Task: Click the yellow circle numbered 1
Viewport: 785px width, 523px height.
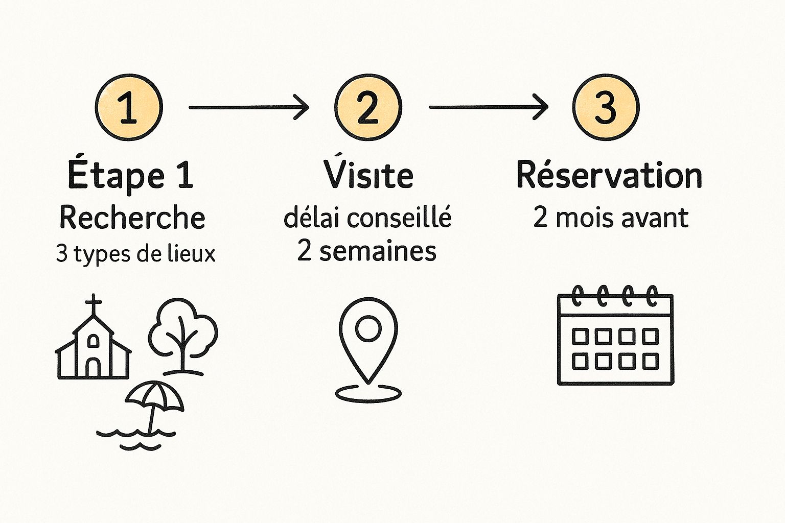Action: tap(129, 107)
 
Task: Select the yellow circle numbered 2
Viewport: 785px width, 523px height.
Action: tap(368, 107)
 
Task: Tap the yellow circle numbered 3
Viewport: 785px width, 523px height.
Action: tap(606, 107)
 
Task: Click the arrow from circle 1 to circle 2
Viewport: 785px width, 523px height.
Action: tap(249, 107)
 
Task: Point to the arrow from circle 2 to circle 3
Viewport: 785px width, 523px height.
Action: tap(489, 107)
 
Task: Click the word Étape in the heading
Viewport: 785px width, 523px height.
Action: tap(116, 175)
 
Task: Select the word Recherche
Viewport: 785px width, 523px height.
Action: tap(132, 218)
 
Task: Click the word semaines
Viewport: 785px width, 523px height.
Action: tap(378, 251)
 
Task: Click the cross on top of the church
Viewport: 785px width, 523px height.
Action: tap(93, 304)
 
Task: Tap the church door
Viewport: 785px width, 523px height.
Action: tap(93, 368)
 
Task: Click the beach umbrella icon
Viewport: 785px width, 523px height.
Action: tap(154, 407)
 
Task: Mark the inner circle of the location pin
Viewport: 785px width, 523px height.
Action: tap(368, 328)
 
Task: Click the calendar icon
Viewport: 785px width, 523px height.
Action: tap(615, 335)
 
